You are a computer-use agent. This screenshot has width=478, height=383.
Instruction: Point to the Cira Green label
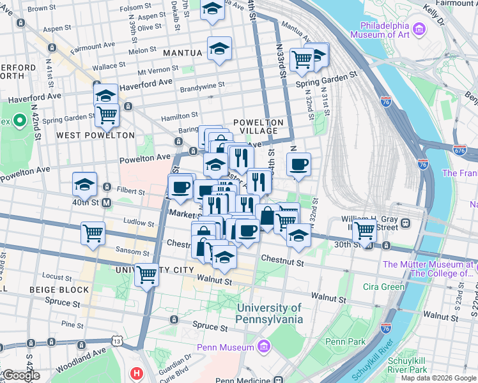click(x=383, y=287)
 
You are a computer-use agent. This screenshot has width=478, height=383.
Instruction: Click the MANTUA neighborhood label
click(x=182, y=52)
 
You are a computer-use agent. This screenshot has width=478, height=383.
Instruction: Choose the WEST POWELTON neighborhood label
click(x=95, y=135)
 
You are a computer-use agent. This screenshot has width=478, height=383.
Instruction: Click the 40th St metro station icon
click(x=107, y=202)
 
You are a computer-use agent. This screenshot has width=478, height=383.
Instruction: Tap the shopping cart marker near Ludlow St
click(x=93, y=232)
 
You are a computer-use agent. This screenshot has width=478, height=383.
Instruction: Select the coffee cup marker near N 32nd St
click(x=298, y=165)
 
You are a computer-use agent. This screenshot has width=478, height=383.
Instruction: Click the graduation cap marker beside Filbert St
click(x=84, y=184)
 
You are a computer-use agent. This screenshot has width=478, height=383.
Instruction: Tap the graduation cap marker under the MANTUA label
click(x=219, y=49)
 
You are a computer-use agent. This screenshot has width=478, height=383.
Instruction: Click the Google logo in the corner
click(x=21, y=375)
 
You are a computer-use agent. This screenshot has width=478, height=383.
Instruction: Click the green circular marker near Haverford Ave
click(x=19, y=119)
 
